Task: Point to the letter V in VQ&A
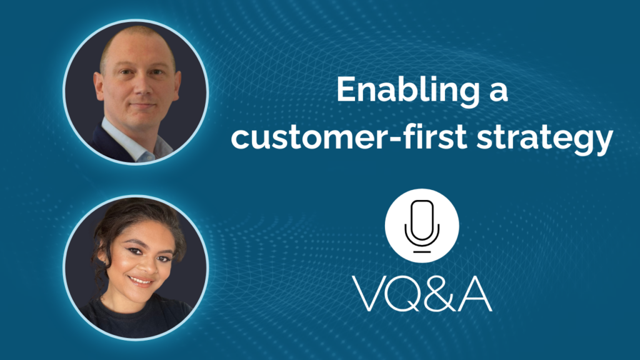pyautogui.click(x=371, y=294)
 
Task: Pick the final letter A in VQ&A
pyautogui.click(x=475, y=294)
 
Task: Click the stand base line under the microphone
pyautogui.click(x=422, y=252)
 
